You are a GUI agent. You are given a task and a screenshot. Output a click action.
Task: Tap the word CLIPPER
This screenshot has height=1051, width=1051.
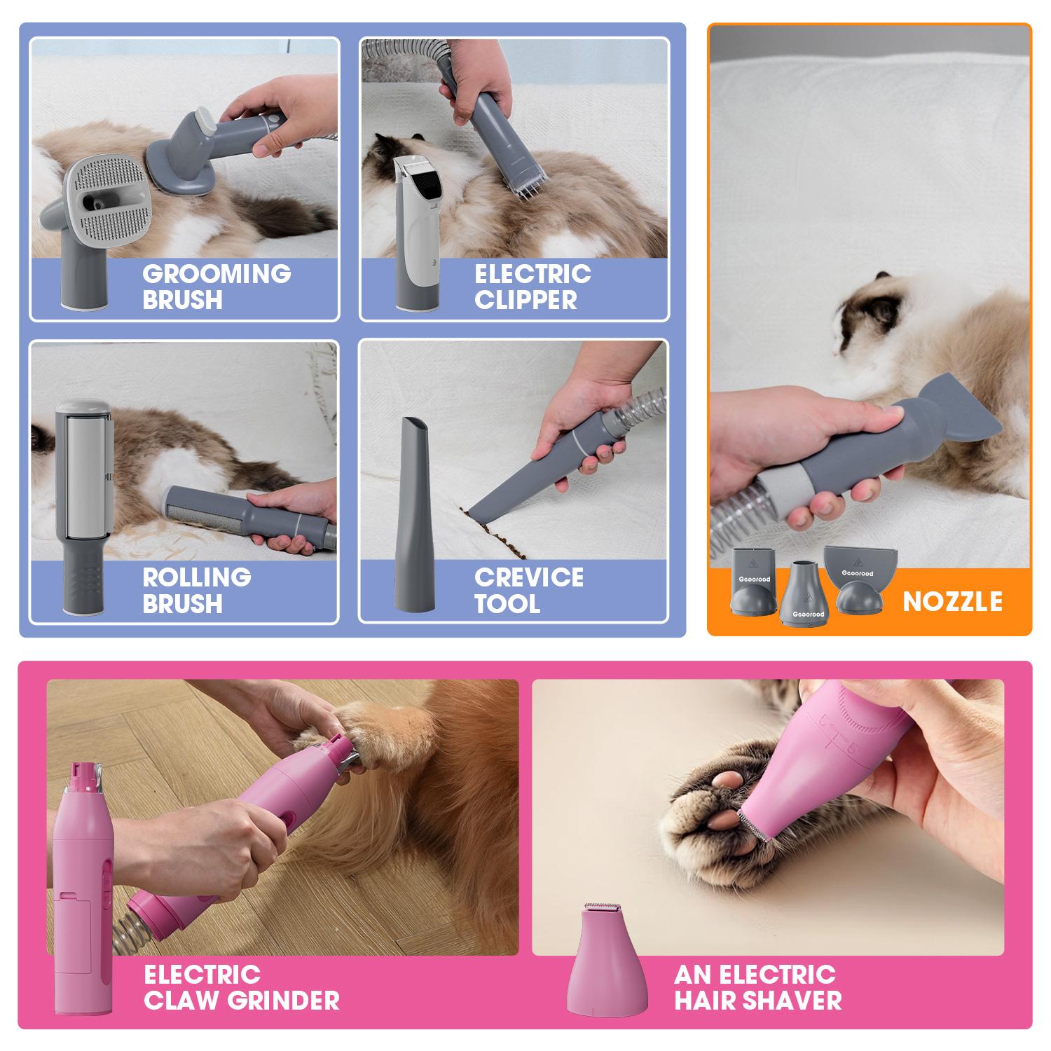point(525,300)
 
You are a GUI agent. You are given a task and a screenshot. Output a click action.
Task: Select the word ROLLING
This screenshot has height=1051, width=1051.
point(197,577)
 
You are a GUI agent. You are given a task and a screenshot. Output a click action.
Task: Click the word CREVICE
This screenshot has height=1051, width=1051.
point(529,577)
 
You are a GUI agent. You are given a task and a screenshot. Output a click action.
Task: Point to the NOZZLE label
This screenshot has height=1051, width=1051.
point(952,601)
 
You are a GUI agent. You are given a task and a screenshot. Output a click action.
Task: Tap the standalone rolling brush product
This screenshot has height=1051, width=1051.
point(83,501)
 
